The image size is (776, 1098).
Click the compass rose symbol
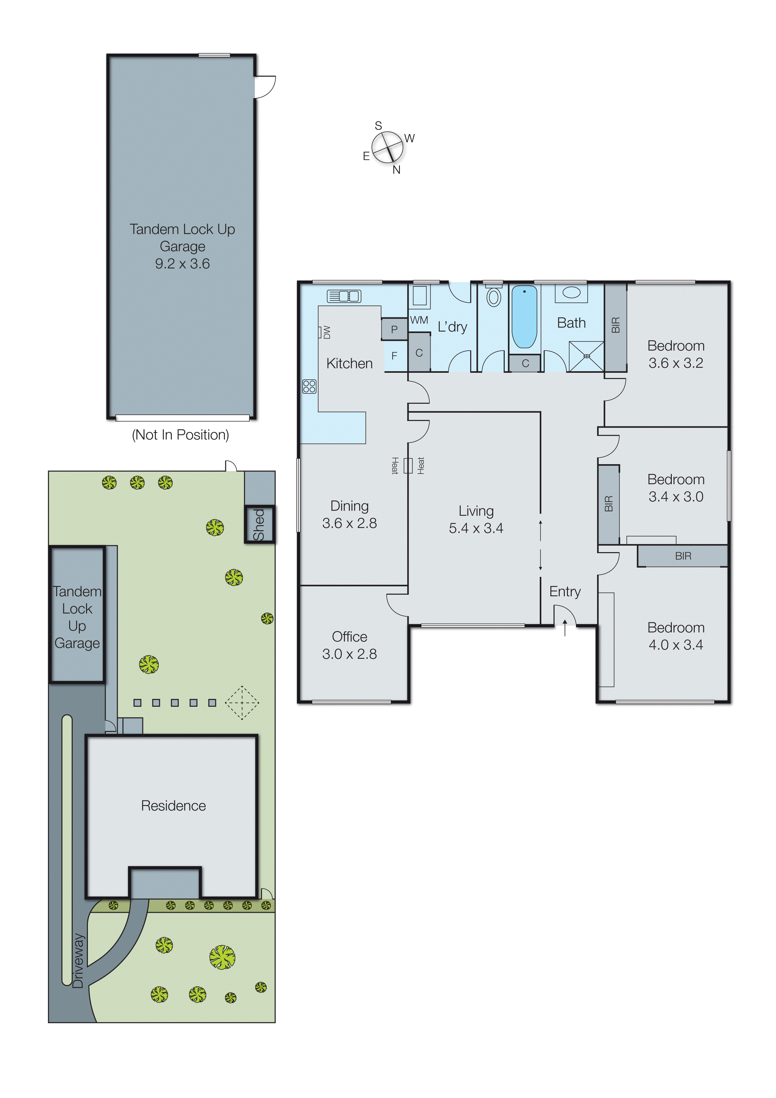pyautogui.click(x=387, y=148)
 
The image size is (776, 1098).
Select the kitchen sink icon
pyautogui.click(x=344, y=296)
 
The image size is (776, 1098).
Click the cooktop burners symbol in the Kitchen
pyautogui.click(x=309, y=386)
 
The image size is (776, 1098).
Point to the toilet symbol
pyautogui.click(x=493, y=296)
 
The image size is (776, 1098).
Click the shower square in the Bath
pyautogui.click(x=586, y=356)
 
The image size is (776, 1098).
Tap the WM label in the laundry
pyautogui.click(x=419, y=320)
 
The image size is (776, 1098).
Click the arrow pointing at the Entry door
pyautogui.click(x=565, y=628)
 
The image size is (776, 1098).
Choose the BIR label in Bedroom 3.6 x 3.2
pyautogui.click(x=615, y=325)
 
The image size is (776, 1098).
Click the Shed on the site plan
pyautogui.click(x=259, y=524)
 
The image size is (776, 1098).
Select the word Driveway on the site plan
pyautogui.click(x=78, y=961)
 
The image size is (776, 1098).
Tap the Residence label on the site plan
pyautogui.click(x=173, y=806)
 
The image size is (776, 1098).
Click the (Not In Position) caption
pyautogui.click(x=180, y=435)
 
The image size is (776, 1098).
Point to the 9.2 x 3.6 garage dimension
pyautogui.click(x=182, y=264)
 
